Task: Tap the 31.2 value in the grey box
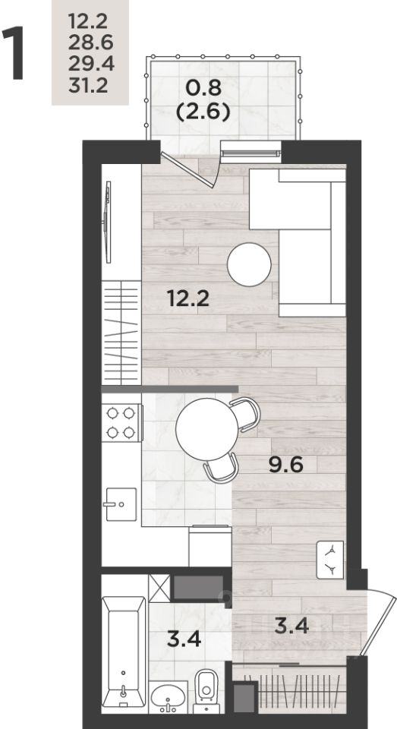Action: coord(88,85)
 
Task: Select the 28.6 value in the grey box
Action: coord(90,43)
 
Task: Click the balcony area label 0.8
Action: coord(203,87)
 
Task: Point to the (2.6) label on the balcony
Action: coord(203,112)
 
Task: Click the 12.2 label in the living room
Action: coord(189,298)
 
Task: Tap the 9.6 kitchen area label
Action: coord(286,464)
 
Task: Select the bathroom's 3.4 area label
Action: coord(184,639)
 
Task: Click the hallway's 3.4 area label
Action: coord(291,626)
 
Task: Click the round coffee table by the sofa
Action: coord(249,264)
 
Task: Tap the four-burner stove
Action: coord(121,422)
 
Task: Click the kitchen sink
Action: coord(121,504)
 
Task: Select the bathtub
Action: coord(124,652)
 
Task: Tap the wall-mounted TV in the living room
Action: coord(108,222)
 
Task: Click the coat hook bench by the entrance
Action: coord(330,560)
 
